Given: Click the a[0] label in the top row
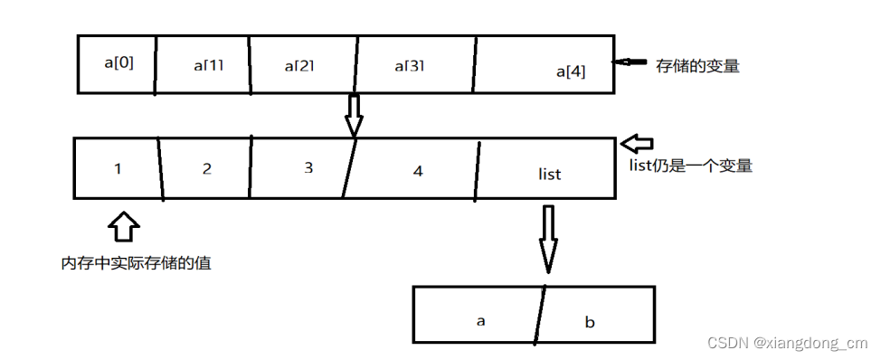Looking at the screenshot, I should tap(119, 63).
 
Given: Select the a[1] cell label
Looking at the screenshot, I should tap(210, 66).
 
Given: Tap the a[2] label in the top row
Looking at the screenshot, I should tap(299, 66).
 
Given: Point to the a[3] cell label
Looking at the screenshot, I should tap(410, 66).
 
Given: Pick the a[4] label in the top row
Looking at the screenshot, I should tap(571, 71).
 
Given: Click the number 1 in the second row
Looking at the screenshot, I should tap(118, 168).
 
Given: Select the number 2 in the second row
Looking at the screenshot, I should tap(207, 168).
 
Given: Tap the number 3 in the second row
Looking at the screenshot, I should tap(308, 168).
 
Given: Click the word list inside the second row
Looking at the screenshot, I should tap(549, 174).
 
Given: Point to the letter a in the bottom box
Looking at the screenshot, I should tap(480, 320).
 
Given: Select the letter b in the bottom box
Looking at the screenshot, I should tap(590, 322).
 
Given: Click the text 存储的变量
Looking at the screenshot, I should tap(698, 66).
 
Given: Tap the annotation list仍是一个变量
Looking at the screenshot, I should tap(690, 166).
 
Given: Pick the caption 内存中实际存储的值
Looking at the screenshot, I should tap(137, 264).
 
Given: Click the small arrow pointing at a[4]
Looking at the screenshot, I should tap(631, 62).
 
